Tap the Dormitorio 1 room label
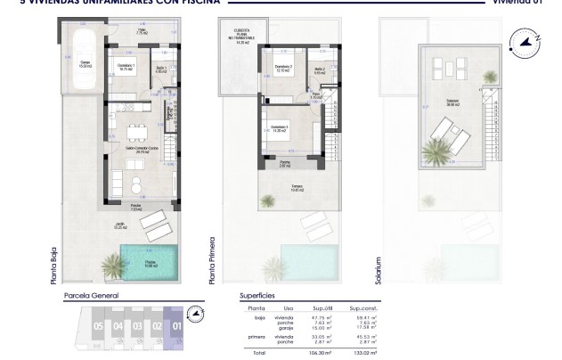pyautogui.click(x=126, y=67)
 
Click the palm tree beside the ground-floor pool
pyautogui.click(x=113, y=265)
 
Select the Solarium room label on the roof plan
pyautogui.click(x=452, y=102)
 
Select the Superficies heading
pyautogui.click(x=257, y=295)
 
